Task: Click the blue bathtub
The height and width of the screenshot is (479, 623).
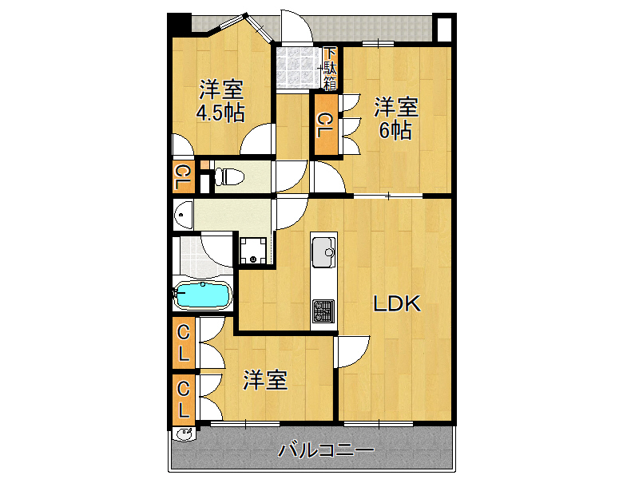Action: coord(203,295)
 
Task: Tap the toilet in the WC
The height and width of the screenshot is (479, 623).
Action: coord(229,176)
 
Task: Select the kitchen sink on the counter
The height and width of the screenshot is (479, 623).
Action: coord(323,252)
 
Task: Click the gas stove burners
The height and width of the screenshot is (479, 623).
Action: coord(323,311)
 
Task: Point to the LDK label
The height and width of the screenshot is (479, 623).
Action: coord(396,304)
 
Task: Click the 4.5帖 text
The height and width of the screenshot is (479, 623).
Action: coord(220,113)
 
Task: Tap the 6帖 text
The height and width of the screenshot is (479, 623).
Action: coord(395,131)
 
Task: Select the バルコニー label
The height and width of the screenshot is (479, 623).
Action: coord(326,450)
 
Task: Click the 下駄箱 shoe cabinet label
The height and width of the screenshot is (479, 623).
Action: coord(331,69)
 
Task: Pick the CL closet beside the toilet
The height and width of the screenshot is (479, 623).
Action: coord(184,176)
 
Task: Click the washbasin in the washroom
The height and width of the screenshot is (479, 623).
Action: coord(183,215)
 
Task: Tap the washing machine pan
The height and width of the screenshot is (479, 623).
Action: coord(253,251)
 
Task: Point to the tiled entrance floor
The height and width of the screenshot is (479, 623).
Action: coord(299,68)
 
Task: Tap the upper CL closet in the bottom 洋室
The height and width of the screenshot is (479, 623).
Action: coord(184,342)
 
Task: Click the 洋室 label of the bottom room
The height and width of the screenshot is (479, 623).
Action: coord(265,379)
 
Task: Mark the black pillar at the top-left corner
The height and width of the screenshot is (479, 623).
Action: coord(179,25)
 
